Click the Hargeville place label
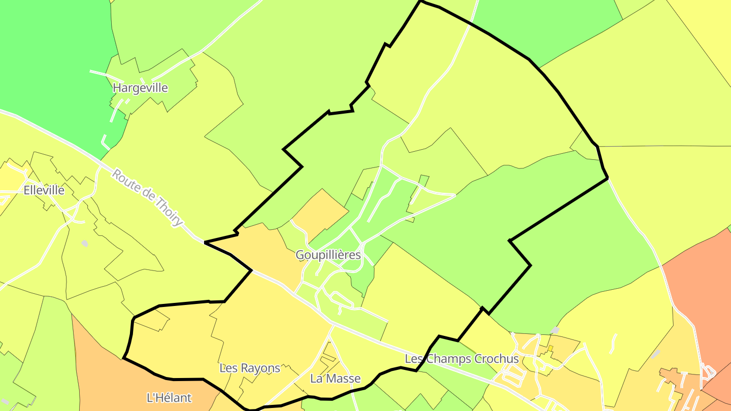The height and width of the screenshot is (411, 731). click(140, 88)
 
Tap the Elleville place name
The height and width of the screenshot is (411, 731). click(44, 190)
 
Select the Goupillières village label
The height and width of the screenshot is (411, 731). click(328, 255)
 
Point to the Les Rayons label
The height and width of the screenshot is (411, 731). click(249, 368)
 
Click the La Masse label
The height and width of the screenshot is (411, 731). click(335, 379)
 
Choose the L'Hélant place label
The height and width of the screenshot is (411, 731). click(169, 398)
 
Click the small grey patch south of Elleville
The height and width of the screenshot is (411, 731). click(85, 244)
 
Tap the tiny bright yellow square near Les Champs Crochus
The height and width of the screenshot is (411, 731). click(550, 349)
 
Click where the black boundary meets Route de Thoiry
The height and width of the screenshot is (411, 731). click(205, 243)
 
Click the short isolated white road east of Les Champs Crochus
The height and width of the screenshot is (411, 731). click(613, 344)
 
